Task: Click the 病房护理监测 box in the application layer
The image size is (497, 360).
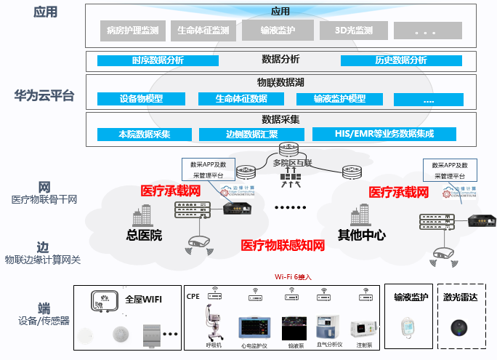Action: point(132,31)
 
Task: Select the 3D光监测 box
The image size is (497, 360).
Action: point(354,31)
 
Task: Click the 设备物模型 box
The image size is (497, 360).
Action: point(141,99)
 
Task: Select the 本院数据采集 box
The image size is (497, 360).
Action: point(144,135)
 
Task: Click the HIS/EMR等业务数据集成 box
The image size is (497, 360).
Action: point(384,135)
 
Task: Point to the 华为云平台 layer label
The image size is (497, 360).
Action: point(44,95)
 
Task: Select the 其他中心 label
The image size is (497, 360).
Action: point(361,236)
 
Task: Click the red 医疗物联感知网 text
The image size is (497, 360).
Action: point(283,246)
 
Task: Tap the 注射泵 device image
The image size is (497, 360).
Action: point(362,329)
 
